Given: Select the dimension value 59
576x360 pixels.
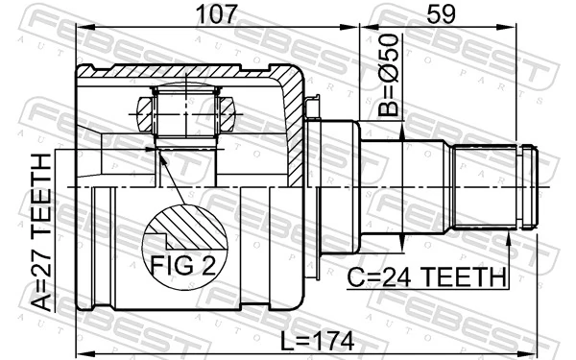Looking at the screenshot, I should (438, 14).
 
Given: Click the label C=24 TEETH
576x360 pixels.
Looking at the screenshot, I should (428, 277).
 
